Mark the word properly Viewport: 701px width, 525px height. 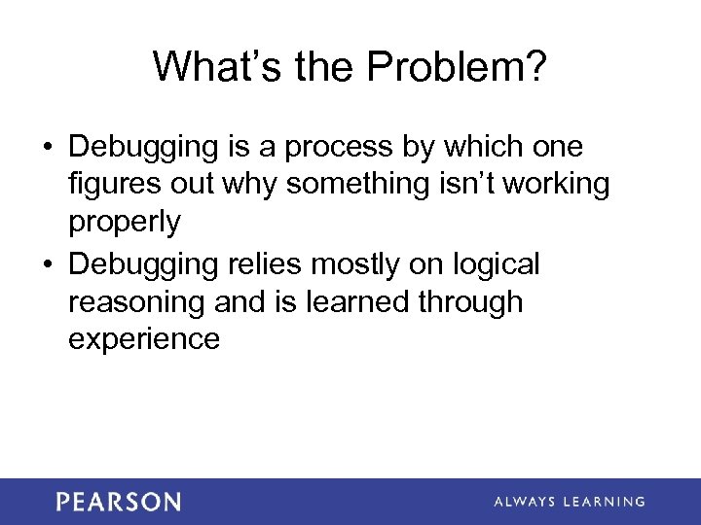(x=124, y=223)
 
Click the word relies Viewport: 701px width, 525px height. (x=290, y=263)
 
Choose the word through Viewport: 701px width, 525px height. (x=470, y=302)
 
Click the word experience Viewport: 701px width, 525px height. (x=144, y=339)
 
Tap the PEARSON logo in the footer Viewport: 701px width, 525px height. (x=118, y=502)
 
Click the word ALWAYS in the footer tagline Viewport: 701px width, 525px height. (x=527, y=502)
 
